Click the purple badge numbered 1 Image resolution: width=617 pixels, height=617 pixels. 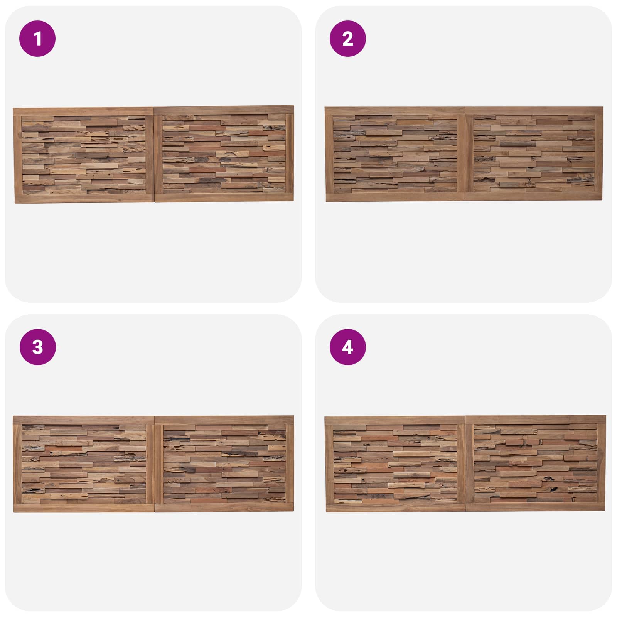37,39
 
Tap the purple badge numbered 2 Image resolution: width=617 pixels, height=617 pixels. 347,39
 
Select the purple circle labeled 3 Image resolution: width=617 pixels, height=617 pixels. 37,347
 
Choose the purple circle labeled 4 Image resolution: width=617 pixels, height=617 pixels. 347,347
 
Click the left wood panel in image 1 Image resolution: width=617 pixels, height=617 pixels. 84,155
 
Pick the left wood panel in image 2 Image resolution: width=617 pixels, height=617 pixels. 395,154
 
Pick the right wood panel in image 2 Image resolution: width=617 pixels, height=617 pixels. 534,153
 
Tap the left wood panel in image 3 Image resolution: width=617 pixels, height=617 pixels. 84,464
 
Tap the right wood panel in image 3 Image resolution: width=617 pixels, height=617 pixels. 224,464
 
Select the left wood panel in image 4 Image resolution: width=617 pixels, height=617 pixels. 396,464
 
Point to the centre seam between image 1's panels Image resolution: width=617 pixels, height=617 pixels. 154,155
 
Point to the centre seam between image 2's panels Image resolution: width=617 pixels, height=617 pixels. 465,154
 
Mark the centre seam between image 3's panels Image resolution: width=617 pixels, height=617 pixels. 155,464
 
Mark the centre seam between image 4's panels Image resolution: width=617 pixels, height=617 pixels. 466,464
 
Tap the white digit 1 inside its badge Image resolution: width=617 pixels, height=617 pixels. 37,39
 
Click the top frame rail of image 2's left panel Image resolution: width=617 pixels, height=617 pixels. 395,111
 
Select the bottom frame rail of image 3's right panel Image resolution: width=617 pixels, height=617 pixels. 224,507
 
